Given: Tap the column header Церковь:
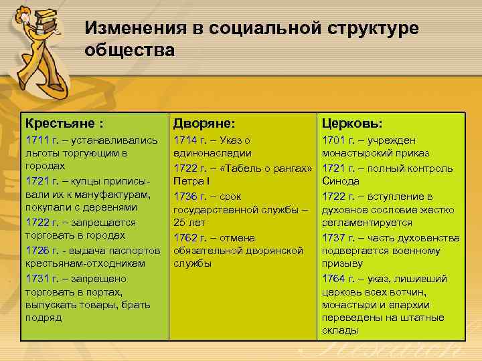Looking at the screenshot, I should coord(352,124).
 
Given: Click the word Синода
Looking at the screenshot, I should coord(341,181).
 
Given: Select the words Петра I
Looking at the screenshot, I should coord(193,181).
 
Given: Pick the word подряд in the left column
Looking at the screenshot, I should coord(44,318).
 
